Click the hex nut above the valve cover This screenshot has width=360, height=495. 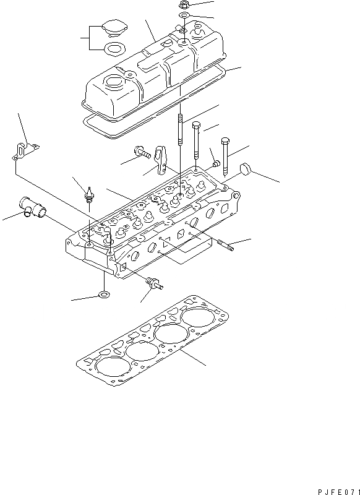pyautogui.click(x=184, y=5)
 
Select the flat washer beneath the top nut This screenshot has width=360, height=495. pyautogui.click(x=184, y=14)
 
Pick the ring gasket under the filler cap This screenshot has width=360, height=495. pyautogui.click(x=114, y=48)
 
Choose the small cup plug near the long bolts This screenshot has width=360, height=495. pyautogui.click(x=216, y=163)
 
